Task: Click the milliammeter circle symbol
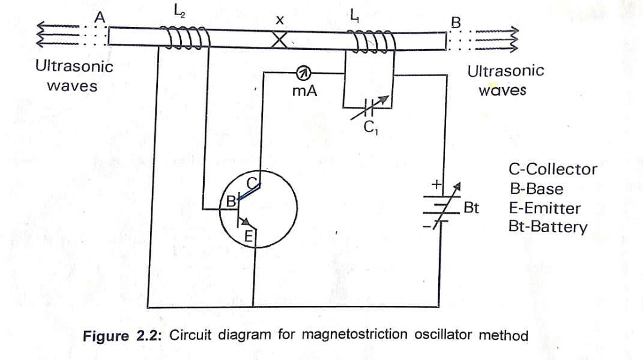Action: tap(304, 74)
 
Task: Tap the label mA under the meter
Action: tap(304, 92)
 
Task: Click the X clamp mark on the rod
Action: tap(280, 40)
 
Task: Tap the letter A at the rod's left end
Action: tap(101, 18)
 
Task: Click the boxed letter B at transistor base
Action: tap(229, 202)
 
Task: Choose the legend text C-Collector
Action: tap(552, 169)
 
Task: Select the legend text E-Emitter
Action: tap(545, 209)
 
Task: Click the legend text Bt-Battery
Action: tap(547, 228)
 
